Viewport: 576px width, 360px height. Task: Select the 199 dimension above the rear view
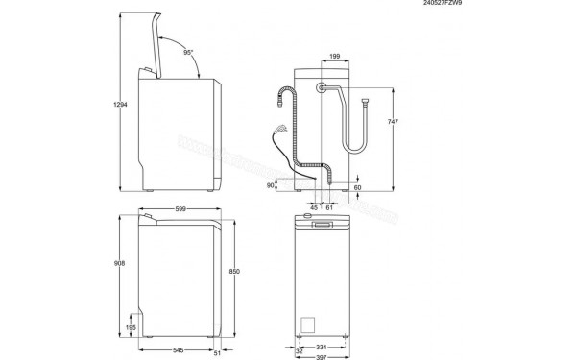point(333,58)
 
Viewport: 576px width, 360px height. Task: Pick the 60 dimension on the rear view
point(357,187)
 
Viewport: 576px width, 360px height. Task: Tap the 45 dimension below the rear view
point(314,206)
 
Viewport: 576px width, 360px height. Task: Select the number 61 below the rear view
point(330,206)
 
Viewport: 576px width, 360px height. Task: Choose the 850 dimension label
point(233,272)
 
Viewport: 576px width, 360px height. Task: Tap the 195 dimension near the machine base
point(132,327)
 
